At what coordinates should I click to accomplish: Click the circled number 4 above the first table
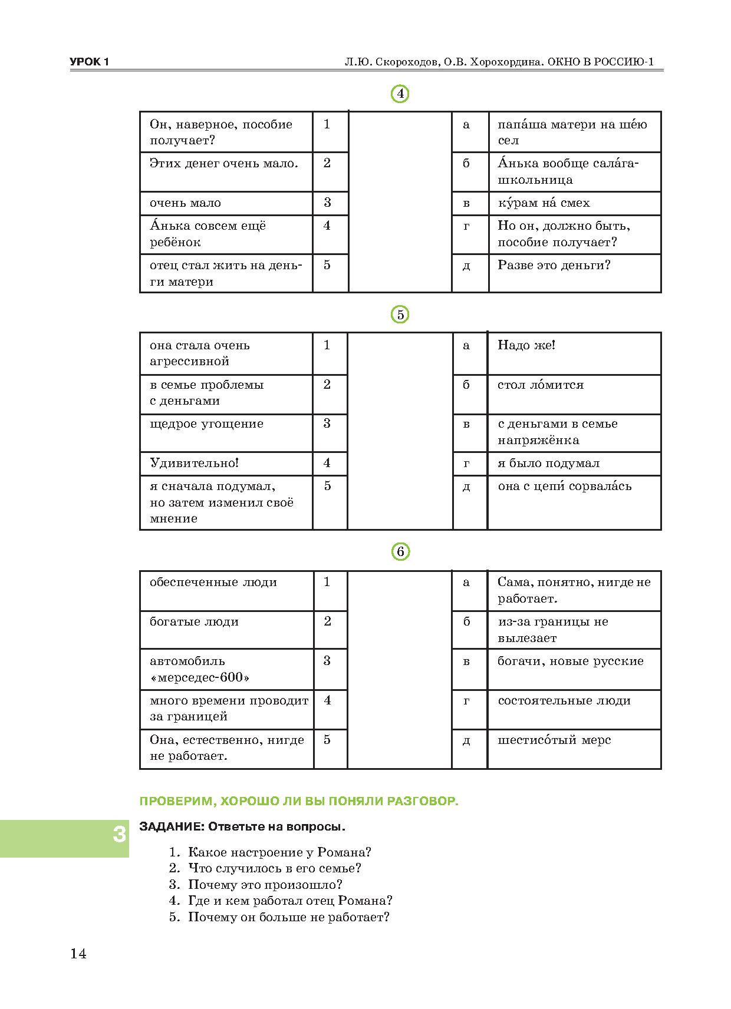pyautogui.click(x=400, y=94)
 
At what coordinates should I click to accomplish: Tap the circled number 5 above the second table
pyautogui.click(x=400, y=315)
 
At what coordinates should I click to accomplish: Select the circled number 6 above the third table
pyautogui.click(x=400, y=552)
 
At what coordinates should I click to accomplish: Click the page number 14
pyautogui.click(x=78, y=954)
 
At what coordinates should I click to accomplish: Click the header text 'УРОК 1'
pyautogui.click(x=90, y=62)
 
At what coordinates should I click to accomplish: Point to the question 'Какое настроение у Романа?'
pyautogui.click(x=279, y=852)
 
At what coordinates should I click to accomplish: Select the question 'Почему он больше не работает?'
pyautogui.click(x=288, y=917)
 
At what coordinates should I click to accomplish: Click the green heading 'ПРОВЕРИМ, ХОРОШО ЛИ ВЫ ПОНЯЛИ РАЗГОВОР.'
pyautogui.click(x=298, y=802)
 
